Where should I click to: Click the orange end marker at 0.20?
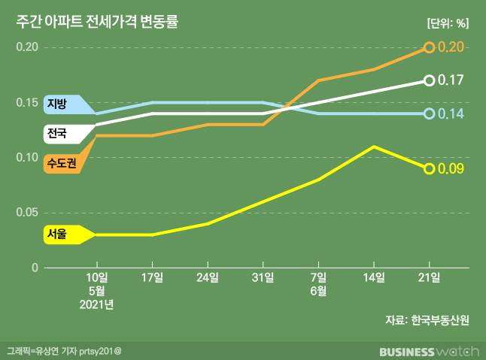tap(429, 47)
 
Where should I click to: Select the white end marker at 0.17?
tap(429, 80)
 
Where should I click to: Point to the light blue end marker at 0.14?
tap(429, 113)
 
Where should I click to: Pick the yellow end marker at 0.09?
tap(429, 168)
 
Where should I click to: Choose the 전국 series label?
tap(57, 134)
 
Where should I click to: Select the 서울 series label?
tap(57, 234)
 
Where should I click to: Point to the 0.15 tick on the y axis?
tap(27, 102)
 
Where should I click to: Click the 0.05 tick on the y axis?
tap(27, 213)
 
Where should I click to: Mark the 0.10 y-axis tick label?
tap(27, 157)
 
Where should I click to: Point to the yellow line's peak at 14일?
tap(374, 147)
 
